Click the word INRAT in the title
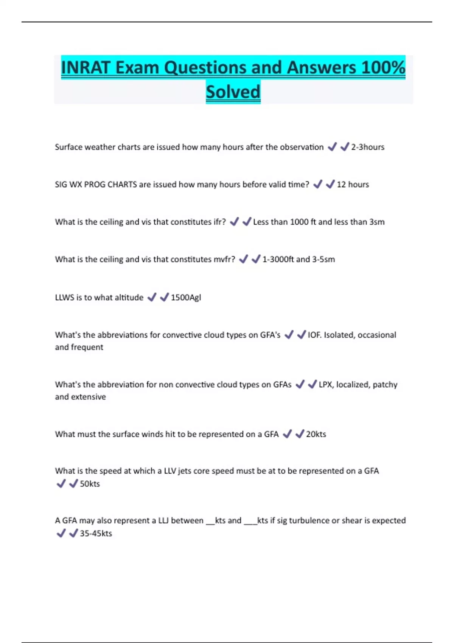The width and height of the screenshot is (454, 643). pos(86,68)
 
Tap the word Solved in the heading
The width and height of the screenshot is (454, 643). pos(233,92)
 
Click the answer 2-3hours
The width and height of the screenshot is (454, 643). pos(367,147)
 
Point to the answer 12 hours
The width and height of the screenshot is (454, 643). pos(353,185)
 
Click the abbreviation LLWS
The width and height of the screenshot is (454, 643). pos(65,298)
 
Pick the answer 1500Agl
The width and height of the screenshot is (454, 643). pos(186,298)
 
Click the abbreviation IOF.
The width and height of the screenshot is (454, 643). pos(314,335)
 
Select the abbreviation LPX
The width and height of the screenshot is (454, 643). pos(325,385)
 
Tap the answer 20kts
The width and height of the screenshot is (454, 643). pos(316,434)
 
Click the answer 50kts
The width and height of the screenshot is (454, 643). pos(90,484)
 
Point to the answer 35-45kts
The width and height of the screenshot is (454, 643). pos(96,533)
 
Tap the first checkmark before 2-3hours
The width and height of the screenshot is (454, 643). pos(332,147)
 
